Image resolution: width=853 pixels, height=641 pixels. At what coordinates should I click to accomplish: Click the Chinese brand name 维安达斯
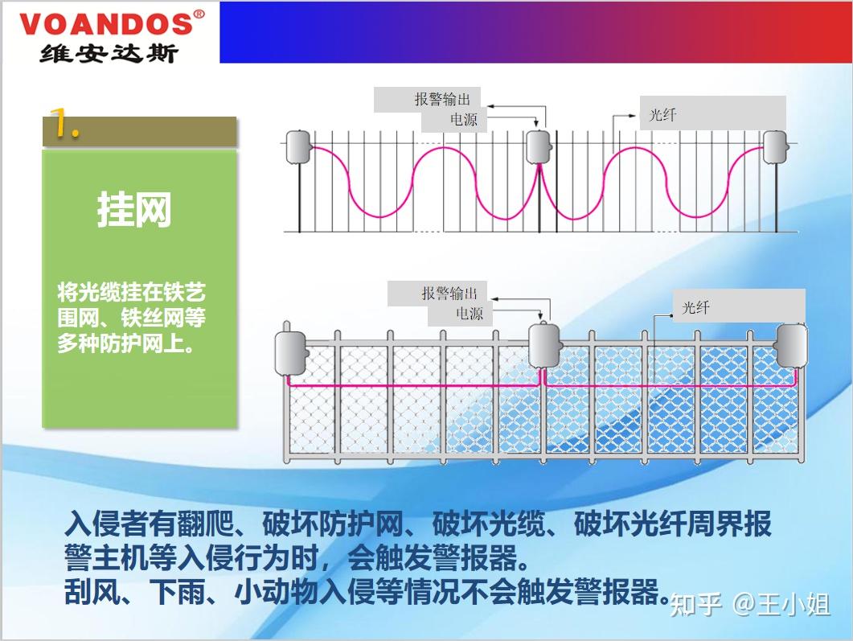[x=109, y=51]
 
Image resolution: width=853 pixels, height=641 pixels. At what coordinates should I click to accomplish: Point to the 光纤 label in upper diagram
[x=662, y=115]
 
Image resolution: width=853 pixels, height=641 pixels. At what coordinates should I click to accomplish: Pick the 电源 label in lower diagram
[x=470, y=314]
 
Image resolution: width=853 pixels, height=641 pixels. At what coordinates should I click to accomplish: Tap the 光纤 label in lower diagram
[x=695, y=308]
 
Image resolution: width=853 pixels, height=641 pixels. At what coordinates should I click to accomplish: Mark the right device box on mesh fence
[x=791, y=344]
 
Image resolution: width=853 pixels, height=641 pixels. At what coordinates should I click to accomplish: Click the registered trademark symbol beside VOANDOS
[x=199, y=14]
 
